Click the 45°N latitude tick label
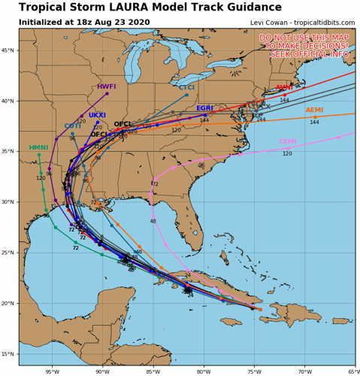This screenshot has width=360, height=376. coord(9,50)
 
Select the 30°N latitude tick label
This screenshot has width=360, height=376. coord(9,202)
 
